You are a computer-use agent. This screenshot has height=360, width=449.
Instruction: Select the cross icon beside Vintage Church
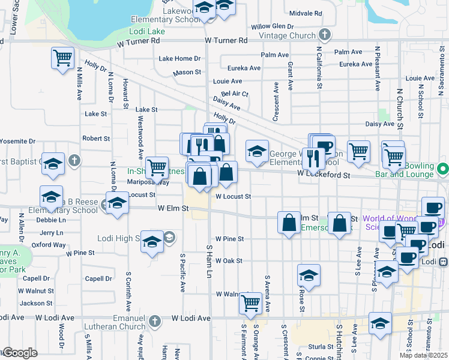pyautogui.click(x=325, y=35)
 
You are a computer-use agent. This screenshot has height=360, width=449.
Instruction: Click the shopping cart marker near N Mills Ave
pyautogui.click(x=62, y=58)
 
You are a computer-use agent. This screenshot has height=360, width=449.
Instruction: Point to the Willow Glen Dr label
pyautogui.click(x=272, y=26)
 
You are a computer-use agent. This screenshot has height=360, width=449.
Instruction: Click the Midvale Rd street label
pyautogui.click(x=306, y=13)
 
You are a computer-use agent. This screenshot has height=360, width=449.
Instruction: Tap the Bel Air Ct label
pyautogui.click(x=234, y=94)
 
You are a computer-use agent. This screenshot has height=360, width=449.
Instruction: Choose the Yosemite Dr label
pyautogui.click(x=17, y=141)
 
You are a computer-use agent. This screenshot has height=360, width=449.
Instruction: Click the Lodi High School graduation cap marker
pyautogui.click(x=152, y=241)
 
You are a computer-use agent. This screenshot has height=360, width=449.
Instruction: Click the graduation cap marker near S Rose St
pyautogui.click(x=309, y=275)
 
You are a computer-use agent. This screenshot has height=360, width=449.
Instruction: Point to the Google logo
pyautogui.click(x=20, y=353)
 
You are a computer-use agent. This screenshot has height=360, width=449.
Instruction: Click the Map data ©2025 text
pyautogui.click(x=423, y=355)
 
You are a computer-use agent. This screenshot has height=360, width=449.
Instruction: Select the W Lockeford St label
pyautogui.click(x=324, y=173)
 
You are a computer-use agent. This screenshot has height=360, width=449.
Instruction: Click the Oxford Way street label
pyautogui.click(x=49, y=244)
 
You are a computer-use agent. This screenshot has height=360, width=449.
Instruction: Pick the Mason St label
pyautogui.click(x=187, y=72)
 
